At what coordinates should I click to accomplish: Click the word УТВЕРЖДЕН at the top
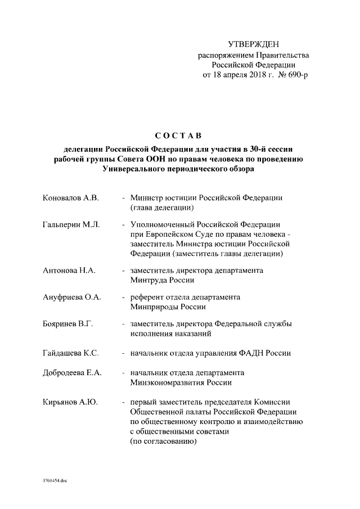tap(253, 44)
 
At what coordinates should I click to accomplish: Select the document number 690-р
tap(298, 75)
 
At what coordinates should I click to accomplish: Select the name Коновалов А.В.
tap(70, 198)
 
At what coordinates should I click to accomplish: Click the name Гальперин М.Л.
tap(71, 224)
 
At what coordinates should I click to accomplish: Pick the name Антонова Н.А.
tap(69, 271)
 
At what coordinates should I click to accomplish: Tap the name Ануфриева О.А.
tap(71, 297)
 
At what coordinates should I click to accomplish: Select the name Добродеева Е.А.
tap(72, 373)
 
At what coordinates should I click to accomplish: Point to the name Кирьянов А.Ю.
tap(70, 402)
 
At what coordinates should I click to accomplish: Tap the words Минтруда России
tap(162, 280)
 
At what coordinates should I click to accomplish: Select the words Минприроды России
tap(168, 307)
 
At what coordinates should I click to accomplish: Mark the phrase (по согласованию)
tap(163, 442)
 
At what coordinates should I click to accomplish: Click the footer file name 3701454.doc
tap(55, 481)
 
